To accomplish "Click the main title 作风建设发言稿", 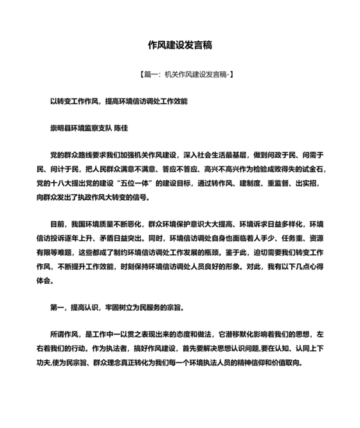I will [180, 46].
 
